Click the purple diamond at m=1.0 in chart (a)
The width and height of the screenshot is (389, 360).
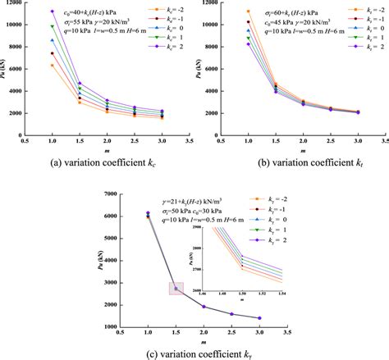(x=53, y=11)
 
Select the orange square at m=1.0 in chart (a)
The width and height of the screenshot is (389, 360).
(x=53, y=66)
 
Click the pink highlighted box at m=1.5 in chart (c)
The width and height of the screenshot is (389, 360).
(x=176, y=288)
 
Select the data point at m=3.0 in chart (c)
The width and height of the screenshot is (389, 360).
(x=259, y=318)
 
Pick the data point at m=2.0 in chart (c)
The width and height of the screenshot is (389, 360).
(x=204, y=307)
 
